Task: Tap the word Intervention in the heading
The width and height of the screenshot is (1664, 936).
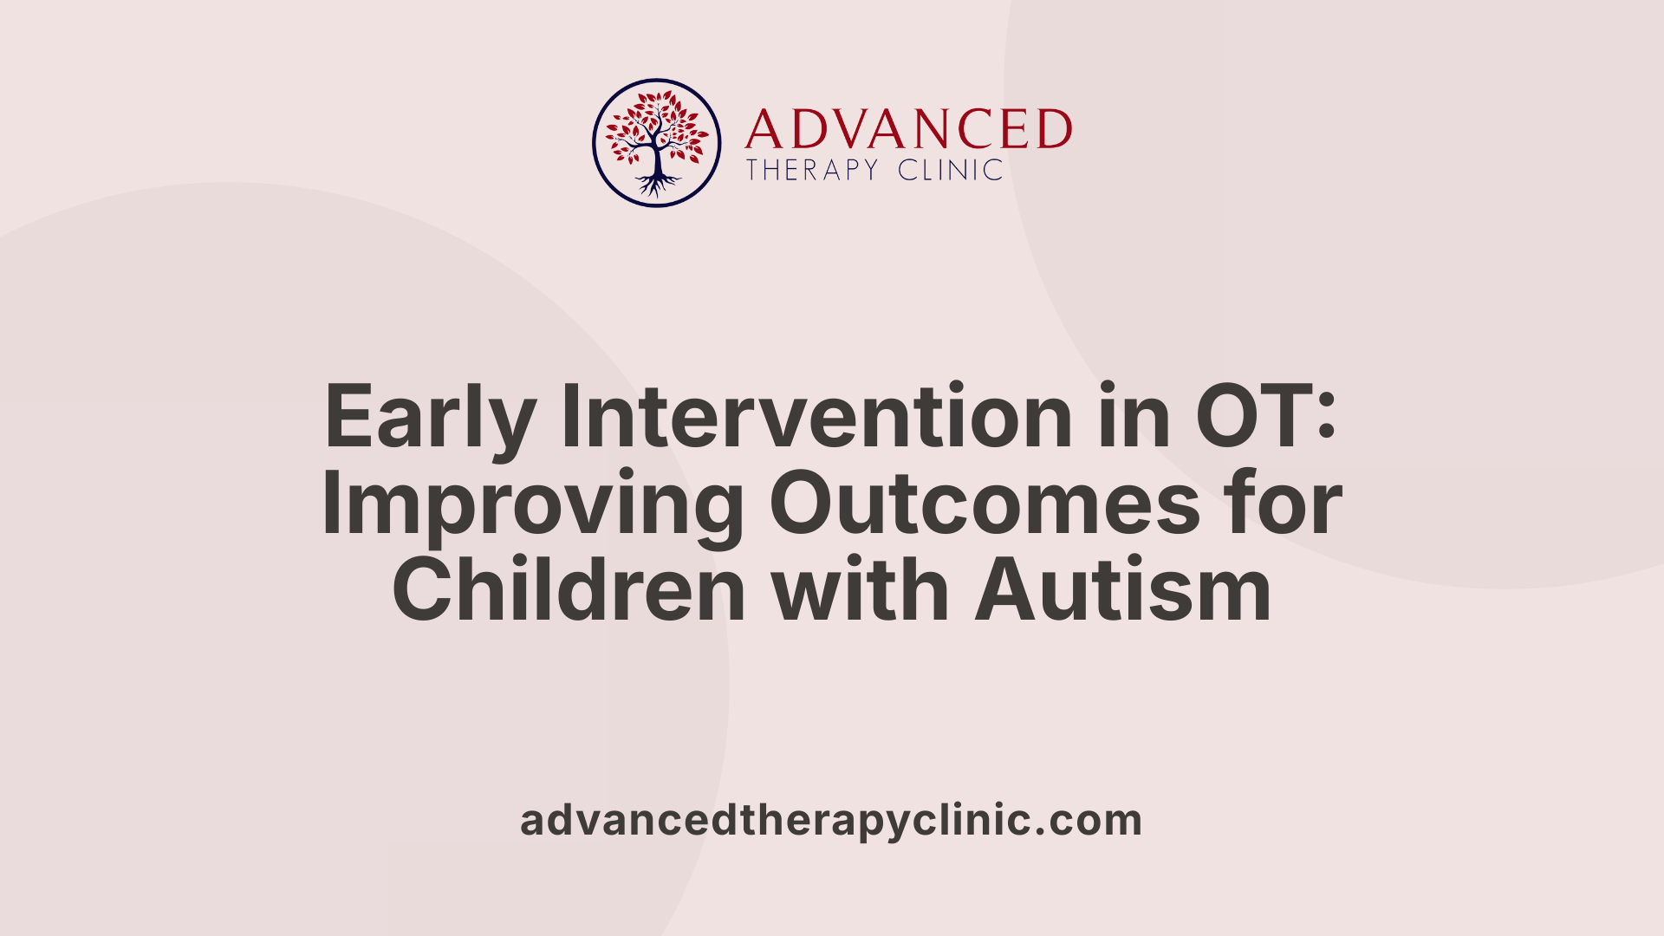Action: point(817,417)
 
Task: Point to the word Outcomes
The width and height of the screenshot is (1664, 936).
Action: point(985,504)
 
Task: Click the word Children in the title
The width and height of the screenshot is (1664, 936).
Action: point(569,591)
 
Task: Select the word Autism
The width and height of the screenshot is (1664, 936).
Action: point(1123,591)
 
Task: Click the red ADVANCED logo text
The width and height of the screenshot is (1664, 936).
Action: point(908,130)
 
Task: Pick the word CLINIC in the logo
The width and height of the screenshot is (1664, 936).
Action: point(950,170)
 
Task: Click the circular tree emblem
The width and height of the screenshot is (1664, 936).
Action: point(657,143)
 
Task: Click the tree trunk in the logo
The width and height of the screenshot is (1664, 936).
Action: point(657,159)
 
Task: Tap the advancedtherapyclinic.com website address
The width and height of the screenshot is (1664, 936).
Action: point(830,820)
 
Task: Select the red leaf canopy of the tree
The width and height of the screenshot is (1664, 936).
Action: point(657,121)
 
